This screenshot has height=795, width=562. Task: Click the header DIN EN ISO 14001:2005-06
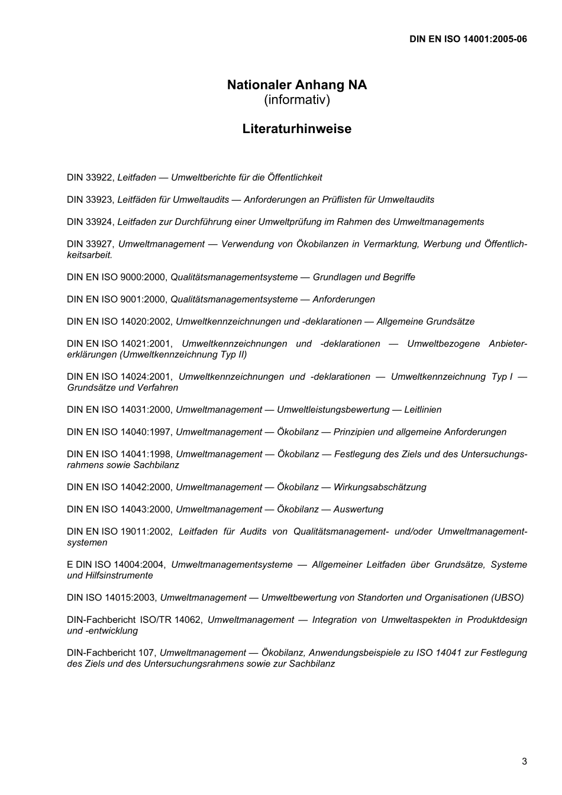pyautogui.click(x=467, y=39)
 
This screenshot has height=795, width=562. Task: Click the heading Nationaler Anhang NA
pyautogui.click(x=296, y=85)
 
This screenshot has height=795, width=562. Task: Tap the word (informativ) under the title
pyautogui.click(x=296, y=99)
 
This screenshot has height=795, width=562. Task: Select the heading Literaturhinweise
pyautogui.click(x=296, y=129)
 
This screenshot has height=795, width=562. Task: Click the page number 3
pyautogui.click(x=524, y=761)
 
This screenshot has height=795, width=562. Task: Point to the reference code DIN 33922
pyautogui.click(x=90, y=177)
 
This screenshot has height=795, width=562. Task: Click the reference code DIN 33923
pyautogui.click(x=90, y=200)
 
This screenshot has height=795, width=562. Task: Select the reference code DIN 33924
pyautogui.click(x=90, y=222)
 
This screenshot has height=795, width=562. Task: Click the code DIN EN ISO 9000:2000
pyautogui.click(x=118, y=277)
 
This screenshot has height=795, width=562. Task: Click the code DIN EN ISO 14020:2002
pyautogui.click(x=120, y=322)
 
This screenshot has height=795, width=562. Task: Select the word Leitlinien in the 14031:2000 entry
pyautogui.click(x=422, y=410)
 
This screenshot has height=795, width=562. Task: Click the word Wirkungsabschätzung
pyautogui.click(x=380, y=487)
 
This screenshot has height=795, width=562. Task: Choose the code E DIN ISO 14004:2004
pyautogui.click(x=116, y=565)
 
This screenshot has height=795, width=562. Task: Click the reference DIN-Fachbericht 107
pyautogui.click(x=111, y=653)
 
